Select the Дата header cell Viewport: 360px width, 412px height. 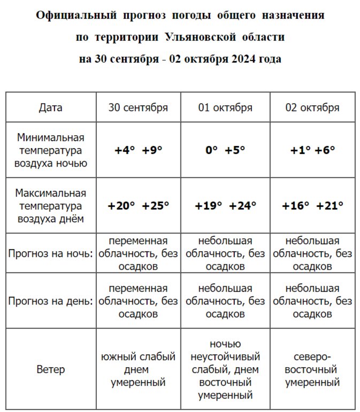(x=50, y=107)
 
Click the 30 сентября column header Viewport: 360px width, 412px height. (x=138, y=107)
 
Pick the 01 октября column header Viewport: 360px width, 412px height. (x=225, y=107)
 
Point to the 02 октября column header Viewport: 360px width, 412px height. (x=312, y=107)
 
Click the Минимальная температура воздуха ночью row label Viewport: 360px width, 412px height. (x=50, y=150)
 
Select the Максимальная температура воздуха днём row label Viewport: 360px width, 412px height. (x=50, y=205)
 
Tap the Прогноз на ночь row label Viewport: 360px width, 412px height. (x=50, y=253)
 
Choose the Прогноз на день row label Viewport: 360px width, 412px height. (x=50, y=301)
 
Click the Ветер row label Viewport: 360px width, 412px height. (x=50, y=369)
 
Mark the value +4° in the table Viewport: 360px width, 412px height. (x=125, y=150)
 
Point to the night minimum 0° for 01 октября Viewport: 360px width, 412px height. (x=211, y=150)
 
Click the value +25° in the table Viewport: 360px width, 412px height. (x=156, y=205)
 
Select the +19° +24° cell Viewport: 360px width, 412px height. (x=225, y=205)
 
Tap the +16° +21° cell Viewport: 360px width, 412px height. (x=313, y=205)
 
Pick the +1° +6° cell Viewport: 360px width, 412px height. (x=312, y=150)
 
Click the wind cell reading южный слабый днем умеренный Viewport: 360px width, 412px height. (x=138, y=369)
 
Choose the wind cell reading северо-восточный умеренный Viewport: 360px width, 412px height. (x=312, y=369)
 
